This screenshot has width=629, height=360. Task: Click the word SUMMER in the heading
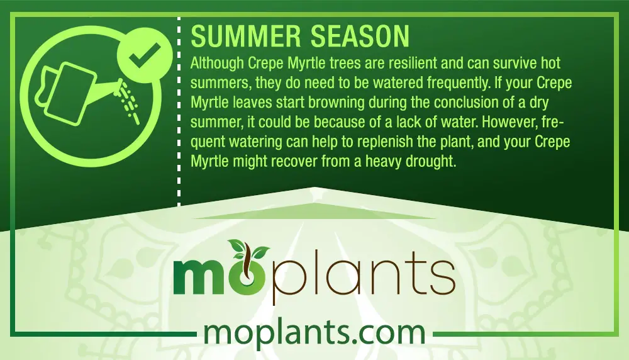(245, 36)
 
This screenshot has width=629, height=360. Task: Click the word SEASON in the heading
(360, 36)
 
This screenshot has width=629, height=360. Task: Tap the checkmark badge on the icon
(145, 55)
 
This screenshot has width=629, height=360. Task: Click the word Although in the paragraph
(217, 64)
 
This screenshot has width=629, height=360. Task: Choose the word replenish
(385, 142)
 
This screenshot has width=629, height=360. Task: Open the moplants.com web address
(314, 333)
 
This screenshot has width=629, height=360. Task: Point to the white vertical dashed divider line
(179, 111)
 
